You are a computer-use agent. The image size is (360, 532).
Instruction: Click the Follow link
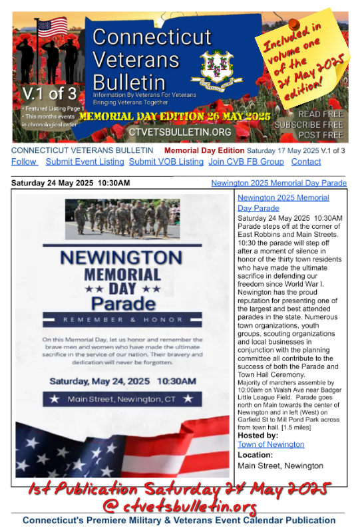pyautogui.click(x=23, y=162)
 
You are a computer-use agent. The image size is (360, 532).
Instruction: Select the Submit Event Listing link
pyautogui.click(x=85, y=162)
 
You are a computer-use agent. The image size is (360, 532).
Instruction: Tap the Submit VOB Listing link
pyautogui.click(x=166, y=162)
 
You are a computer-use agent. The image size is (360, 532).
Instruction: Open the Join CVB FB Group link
pyautogui.click(x=246, y=162)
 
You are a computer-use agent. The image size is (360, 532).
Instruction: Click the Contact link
pyautogui.click(x=305, y=162)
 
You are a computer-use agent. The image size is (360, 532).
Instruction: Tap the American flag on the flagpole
pyautogui.click(x=53, y=28)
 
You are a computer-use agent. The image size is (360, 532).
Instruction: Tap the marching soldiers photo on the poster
pyautogui.click(x=122, y=219)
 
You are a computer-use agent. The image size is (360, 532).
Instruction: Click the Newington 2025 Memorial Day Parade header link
pyautogui.click(x=278, y=183)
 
